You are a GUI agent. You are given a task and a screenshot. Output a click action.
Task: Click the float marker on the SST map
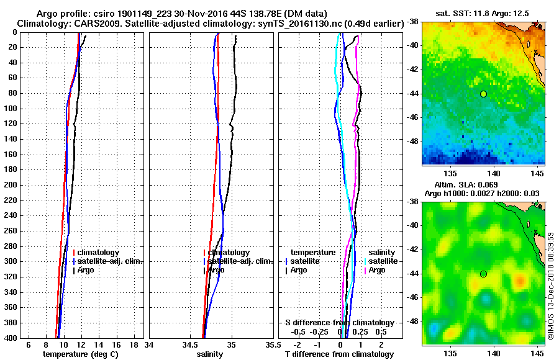coord(483,94)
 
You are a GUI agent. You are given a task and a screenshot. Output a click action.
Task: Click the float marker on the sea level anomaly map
coord(483,274)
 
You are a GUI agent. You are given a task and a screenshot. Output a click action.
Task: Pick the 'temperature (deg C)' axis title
coord(80,354)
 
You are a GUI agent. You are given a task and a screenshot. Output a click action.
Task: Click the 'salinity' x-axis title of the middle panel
coord(210,354)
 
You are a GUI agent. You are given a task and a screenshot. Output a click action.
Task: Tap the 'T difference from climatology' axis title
coord(339,354)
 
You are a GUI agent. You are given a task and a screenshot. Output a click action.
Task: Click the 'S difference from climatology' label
coord(339,323)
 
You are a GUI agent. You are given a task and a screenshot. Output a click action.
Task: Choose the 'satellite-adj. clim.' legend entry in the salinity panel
coord(239,261)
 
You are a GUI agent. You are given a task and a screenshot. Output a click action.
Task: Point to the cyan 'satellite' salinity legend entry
coord(381,261)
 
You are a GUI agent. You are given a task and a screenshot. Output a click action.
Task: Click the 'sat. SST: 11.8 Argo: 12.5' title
coord(484,12)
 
